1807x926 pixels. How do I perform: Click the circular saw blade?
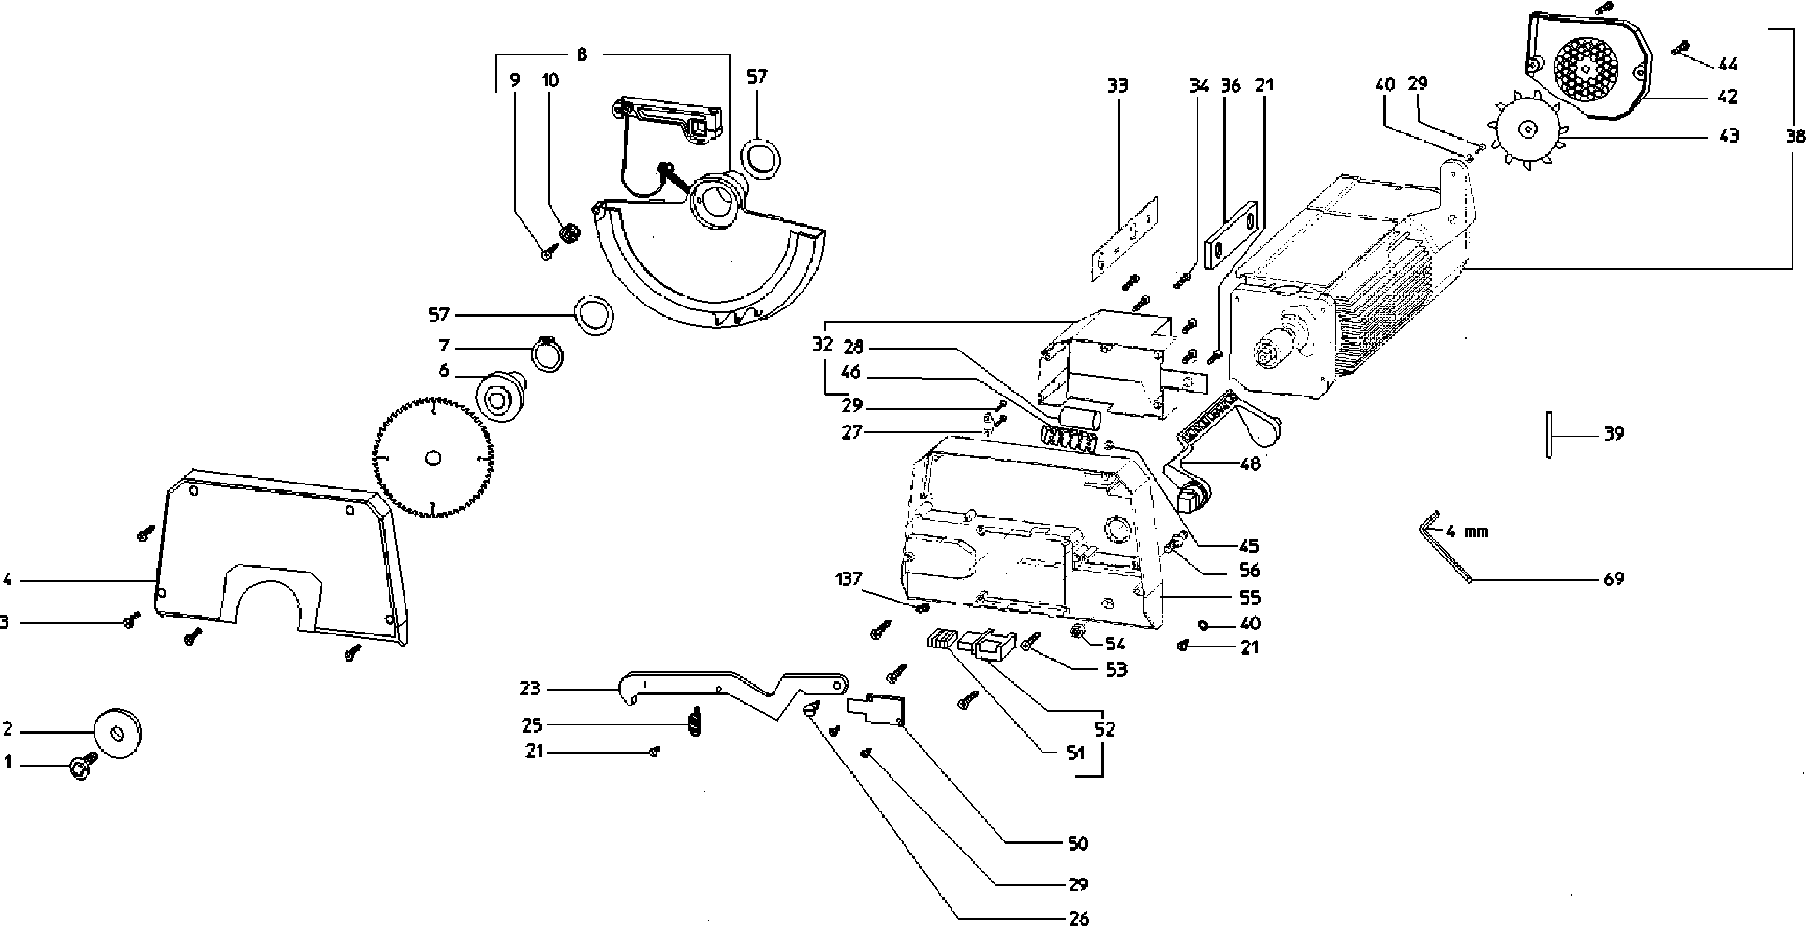[x=433, y=459]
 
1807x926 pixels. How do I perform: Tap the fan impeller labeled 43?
[x=1527, y=129]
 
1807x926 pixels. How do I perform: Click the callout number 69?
[x=1614, y=578]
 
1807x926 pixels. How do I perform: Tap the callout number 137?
[x=849, y=580]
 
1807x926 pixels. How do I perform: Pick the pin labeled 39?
[x=1548, y=435]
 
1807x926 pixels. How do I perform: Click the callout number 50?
[x=1078, y=843]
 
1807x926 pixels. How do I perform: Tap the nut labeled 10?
[x=569, y=232]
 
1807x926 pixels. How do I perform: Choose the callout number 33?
[x=1117, y=86]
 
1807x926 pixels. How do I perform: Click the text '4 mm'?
[x=1468, y=532]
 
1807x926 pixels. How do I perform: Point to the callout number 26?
[x=1079, y=918]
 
